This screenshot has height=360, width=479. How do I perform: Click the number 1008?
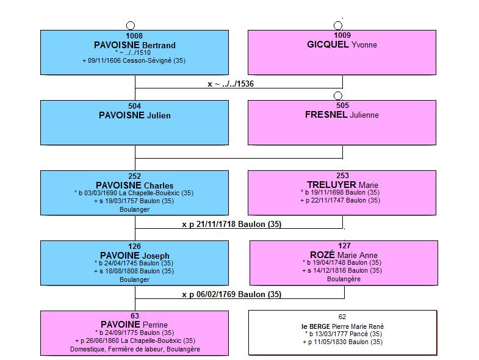pyautogui.click(x=134, y=36)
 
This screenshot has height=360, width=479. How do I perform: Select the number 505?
pyautogui.click(x=342, y=106)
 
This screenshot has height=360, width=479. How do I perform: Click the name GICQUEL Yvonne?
pyautogui.click(x=342, y=45)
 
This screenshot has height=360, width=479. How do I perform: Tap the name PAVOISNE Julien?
pyautogui.click(x=135, y=115)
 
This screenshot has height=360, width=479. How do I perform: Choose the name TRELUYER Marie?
pyautogui.click(x=342, y=185)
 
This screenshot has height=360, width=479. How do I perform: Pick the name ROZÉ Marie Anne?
pyautogui.click(x=344, y=255)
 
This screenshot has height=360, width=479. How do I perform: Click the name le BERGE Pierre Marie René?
pyautogui.click(x=342, y=326)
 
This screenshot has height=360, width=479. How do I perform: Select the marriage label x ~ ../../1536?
pyautogui.click(x=231, y=84)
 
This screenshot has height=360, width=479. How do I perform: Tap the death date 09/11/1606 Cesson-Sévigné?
pyautogui.click(x=134, y=60)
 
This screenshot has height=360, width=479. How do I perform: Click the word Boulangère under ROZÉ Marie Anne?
pyautogui.click(x=344, y=279)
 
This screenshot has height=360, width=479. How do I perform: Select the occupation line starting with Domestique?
pyautogui.click(x=135, y=349)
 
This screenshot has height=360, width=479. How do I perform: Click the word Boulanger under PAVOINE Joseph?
pyautogui.click(x=134, y=279)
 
